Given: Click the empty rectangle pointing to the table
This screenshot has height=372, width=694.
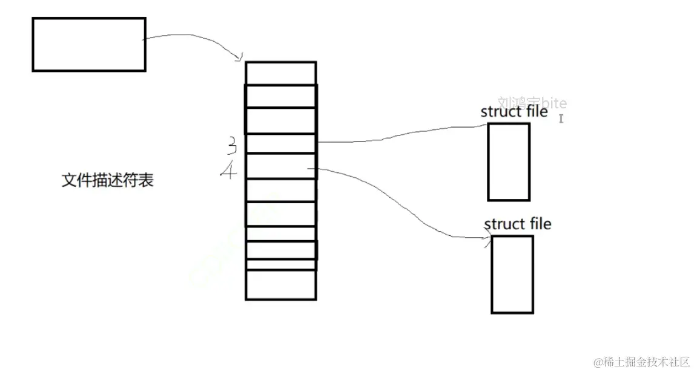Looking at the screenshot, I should [88, 44].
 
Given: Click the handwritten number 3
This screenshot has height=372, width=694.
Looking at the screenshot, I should [231, 145].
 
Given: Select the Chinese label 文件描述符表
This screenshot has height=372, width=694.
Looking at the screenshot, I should [108, 180].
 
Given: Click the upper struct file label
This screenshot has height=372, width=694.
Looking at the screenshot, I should [514, 112].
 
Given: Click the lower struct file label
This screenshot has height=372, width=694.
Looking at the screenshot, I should [518, 224].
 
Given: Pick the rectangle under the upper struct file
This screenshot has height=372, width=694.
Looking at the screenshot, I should [509, 162].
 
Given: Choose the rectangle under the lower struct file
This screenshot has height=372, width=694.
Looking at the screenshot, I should [512, 274].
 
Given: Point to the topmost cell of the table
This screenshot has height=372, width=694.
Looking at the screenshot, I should [281, 73].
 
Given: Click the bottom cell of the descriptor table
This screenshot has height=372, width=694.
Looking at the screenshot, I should [281, 284].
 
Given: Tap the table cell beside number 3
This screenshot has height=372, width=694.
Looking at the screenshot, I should [281, 143].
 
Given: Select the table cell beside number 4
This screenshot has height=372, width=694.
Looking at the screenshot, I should [281, 166].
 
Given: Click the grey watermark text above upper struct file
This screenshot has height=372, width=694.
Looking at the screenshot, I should [532, 103].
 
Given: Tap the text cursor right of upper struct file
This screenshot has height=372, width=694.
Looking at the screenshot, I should [561, 119].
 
